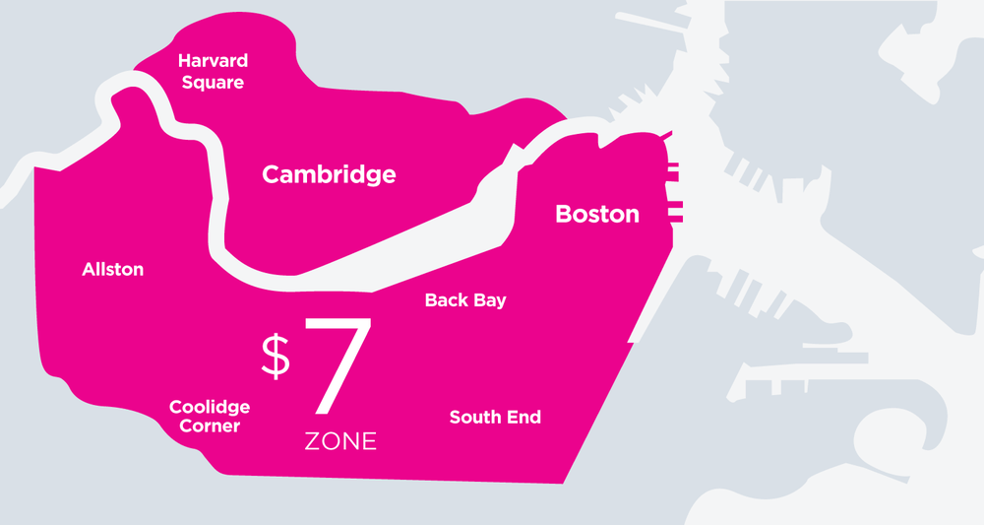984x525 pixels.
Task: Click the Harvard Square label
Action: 213,72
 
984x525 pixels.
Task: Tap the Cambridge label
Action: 329,175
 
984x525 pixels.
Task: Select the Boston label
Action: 597,214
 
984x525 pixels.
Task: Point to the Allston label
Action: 113,269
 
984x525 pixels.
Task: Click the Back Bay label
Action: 465,300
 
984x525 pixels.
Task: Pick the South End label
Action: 495,417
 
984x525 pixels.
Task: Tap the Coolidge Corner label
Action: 210,417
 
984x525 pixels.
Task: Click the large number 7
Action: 337,366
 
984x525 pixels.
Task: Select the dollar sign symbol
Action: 276,356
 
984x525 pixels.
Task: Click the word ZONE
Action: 340,441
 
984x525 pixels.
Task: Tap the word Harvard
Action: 213,61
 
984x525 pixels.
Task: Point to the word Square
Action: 213,83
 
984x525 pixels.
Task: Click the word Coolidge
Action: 210,407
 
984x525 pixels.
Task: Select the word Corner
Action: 210,427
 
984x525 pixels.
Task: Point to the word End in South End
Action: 523,417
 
